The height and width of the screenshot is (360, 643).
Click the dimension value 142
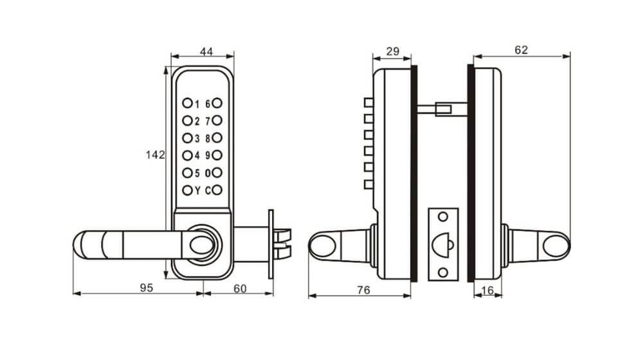point(156,155)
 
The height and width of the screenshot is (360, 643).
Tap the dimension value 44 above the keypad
point(206,52)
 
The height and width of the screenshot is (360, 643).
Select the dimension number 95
point(146,289)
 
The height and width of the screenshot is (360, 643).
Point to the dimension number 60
point(239,289)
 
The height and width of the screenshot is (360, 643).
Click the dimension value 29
point(391,51)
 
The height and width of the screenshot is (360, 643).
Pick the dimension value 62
point(521,51)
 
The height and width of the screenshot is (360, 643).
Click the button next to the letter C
point(217,190)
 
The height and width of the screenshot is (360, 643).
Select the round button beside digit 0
point(217,172)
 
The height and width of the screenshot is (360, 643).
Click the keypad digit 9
point(208,155)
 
